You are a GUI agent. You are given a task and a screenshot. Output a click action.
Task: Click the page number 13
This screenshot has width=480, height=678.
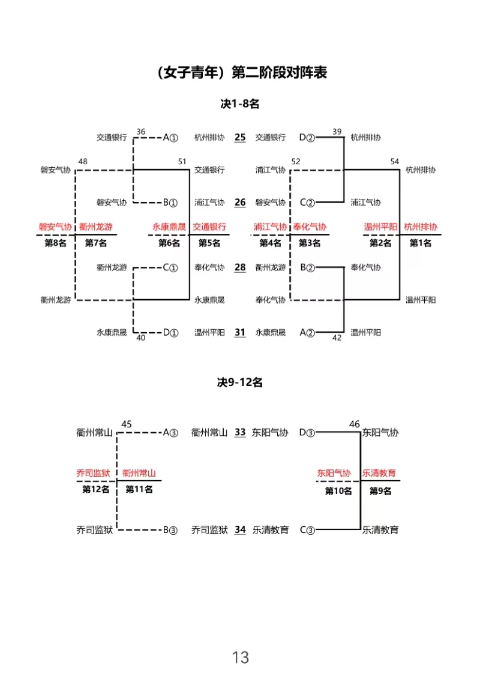coord(240,657)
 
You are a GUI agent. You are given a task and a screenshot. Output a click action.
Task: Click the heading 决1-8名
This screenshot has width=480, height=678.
coord(240,104)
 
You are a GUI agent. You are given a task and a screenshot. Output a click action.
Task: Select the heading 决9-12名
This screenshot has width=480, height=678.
coord(240,382)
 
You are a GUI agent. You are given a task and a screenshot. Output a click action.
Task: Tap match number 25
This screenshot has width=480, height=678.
coord(240,137)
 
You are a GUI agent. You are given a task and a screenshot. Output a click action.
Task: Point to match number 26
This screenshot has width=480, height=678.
coord(240,203)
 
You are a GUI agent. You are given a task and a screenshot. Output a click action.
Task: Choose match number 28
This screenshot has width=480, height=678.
coord(240,267)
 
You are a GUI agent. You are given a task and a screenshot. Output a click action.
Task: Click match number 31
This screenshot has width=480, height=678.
coord(240,333)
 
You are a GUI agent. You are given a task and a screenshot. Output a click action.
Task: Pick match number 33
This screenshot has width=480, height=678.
coord(240,432)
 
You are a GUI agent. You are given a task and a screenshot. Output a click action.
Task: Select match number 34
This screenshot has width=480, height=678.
coord(240,530)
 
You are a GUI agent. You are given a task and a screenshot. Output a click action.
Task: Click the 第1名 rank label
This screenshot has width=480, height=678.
coord(420,243)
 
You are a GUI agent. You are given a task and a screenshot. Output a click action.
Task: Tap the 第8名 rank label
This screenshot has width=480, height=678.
coord(55,243)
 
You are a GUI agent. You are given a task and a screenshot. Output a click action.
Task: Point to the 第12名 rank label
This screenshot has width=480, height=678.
coord(96,490)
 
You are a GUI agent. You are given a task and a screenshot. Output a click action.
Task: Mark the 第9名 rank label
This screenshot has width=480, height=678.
coord(380,491)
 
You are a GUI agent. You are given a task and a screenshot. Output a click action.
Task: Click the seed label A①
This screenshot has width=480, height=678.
coord(170,137)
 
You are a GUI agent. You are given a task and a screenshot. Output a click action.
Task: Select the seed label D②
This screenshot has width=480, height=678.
coord(307,137)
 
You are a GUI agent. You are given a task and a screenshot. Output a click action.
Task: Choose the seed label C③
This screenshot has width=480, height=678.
coord(307,530)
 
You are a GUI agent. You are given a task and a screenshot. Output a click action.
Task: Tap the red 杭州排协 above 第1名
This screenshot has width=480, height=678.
coord(421,227)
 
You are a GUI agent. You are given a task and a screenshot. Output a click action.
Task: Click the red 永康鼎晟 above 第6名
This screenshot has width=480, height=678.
coord(169,227)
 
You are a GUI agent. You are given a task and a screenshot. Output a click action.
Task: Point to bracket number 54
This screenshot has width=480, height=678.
coord(394,161)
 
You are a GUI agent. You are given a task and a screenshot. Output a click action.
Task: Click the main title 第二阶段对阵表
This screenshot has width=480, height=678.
coord(279,72)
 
